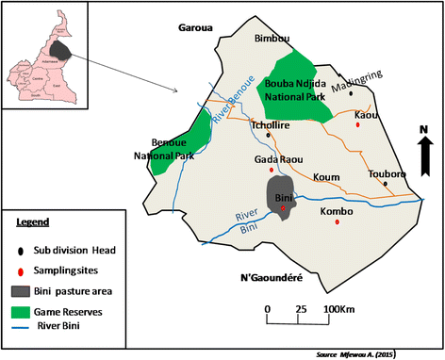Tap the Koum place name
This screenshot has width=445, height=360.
[x=326, y=175]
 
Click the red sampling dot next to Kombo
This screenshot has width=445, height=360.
[x=350, y=223]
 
